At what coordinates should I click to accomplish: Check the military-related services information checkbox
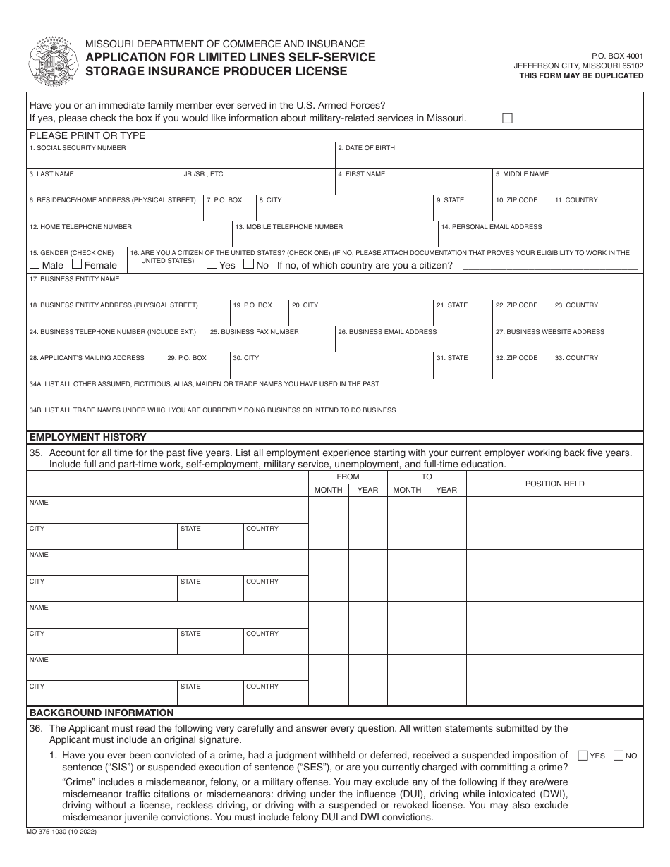[x=507, y=118]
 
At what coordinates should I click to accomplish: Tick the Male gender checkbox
[x=35, y=264]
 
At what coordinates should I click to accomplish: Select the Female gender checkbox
[x=77, y=264]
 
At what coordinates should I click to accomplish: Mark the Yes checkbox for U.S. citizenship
[x=212, y=264]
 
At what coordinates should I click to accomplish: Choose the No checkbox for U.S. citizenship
[x=248, y=264]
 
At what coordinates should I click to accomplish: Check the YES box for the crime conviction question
[x=583, y=756]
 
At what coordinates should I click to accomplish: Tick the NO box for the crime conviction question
[x=619, y=756]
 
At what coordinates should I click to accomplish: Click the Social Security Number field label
[x=78, y=148]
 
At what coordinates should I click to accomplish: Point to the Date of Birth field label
[x=366, y=148]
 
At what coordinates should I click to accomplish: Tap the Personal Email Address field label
[x=492, y=227]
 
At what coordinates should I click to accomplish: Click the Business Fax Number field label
[x=254, y=331]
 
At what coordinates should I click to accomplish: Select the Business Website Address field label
[x=549, y=331]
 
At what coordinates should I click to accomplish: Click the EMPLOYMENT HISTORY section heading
[x=87, y=437]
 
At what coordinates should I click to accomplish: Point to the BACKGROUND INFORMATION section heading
[x=102, y=713]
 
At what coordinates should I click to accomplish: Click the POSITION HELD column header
[x=554, y=484]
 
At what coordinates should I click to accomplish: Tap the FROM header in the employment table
[x=348, y=476]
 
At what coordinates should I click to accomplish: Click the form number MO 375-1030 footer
[x=63, y=832]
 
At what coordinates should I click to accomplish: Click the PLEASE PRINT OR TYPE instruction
[x=87, y=135]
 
